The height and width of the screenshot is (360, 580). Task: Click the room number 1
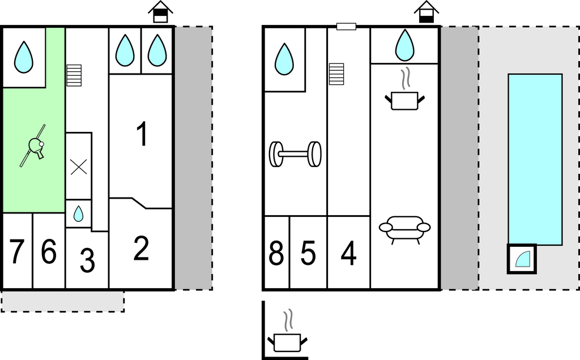coord(142,134)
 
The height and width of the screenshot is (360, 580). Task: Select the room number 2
coord(140,248)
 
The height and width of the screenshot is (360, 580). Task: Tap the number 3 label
coord(87,261)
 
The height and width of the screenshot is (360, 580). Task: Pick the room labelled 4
coord(349,254)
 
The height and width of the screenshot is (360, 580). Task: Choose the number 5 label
coord(308,254)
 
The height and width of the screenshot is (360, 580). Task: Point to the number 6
coord(49,252)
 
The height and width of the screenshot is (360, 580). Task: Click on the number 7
coord(16,252)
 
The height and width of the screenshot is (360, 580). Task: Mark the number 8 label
coord(276,254)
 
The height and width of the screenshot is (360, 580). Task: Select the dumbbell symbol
coord(295,154)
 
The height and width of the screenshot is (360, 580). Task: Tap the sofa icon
coord(404,228)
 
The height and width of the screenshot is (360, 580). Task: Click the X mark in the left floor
coord(78,166)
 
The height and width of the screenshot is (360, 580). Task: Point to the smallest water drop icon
coord(78,213)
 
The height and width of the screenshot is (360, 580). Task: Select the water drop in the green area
coord(23,57)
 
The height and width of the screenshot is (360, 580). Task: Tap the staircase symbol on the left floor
coord(74,75)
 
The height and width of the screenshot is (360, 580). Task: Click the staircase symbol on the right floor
coord(336,74)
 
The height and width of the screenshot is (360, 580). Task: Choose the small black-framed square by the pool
coord(521,259)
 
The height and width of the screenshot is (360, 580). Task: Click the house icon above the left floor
coord(161,12)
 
